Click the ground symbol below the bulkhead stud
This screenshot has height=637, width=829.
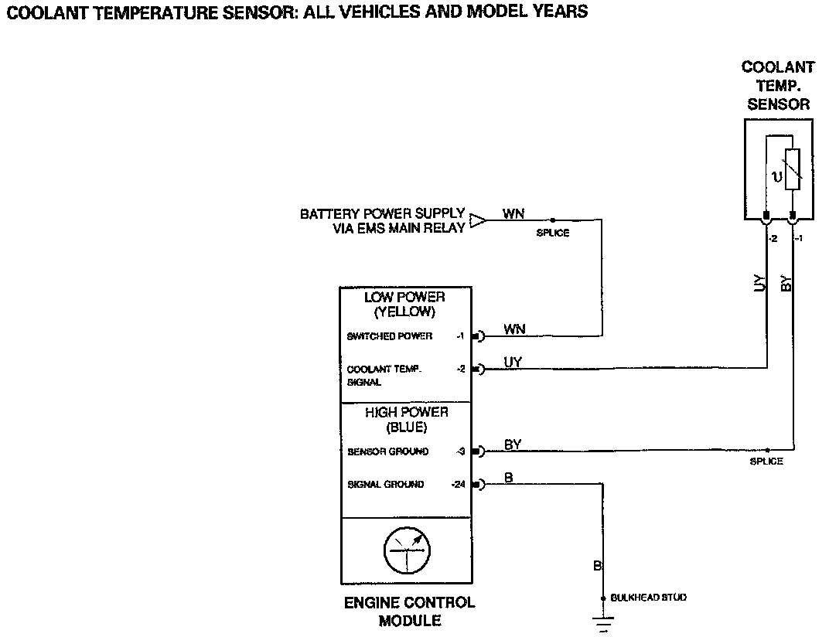[x=603, y=622]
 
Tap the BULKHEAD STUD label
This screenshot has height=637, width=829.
[x=648, y=598]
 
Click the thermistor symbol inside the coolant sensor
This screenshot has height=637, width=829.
[x=791, y=176]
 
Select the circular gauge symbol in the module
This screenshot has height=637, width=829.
[x=406, y=550]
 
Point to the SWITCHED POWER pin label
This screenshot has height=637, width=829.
[x=390, y=336]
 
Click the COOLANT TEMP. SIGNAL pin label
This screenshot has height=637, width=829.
[x=384, y=376]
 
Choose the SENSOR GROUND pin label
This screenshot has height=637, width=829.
[x=387, y=451]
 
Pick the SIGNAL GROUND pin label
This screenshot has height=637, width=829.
[x=385, y=485]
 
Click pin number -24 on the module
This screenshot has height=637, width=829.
[x=459, y=485]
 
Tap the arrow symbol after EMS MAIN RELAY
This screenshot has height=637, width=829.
[x=479, y=221]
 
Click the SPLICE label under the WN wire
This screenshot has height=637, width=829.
[x=552, y=233]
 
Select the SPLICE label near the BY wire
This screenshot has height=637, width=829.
[x=766, y=462]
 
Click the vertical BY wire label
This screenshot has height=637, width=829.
[x=787, y=283]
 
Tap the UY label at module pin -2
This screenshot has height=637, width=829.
[x=512, y=362]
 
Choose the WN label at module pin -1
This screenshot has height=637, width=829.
[x=513, y=329]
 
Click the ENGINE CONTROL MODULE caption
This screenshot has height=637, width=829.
[x=409, y=611]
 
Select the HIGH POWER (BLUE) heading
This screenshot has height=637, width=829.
[x=406, y=420]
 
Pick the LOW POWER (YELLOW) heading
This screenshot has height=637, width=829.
[x=404, y=305]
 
